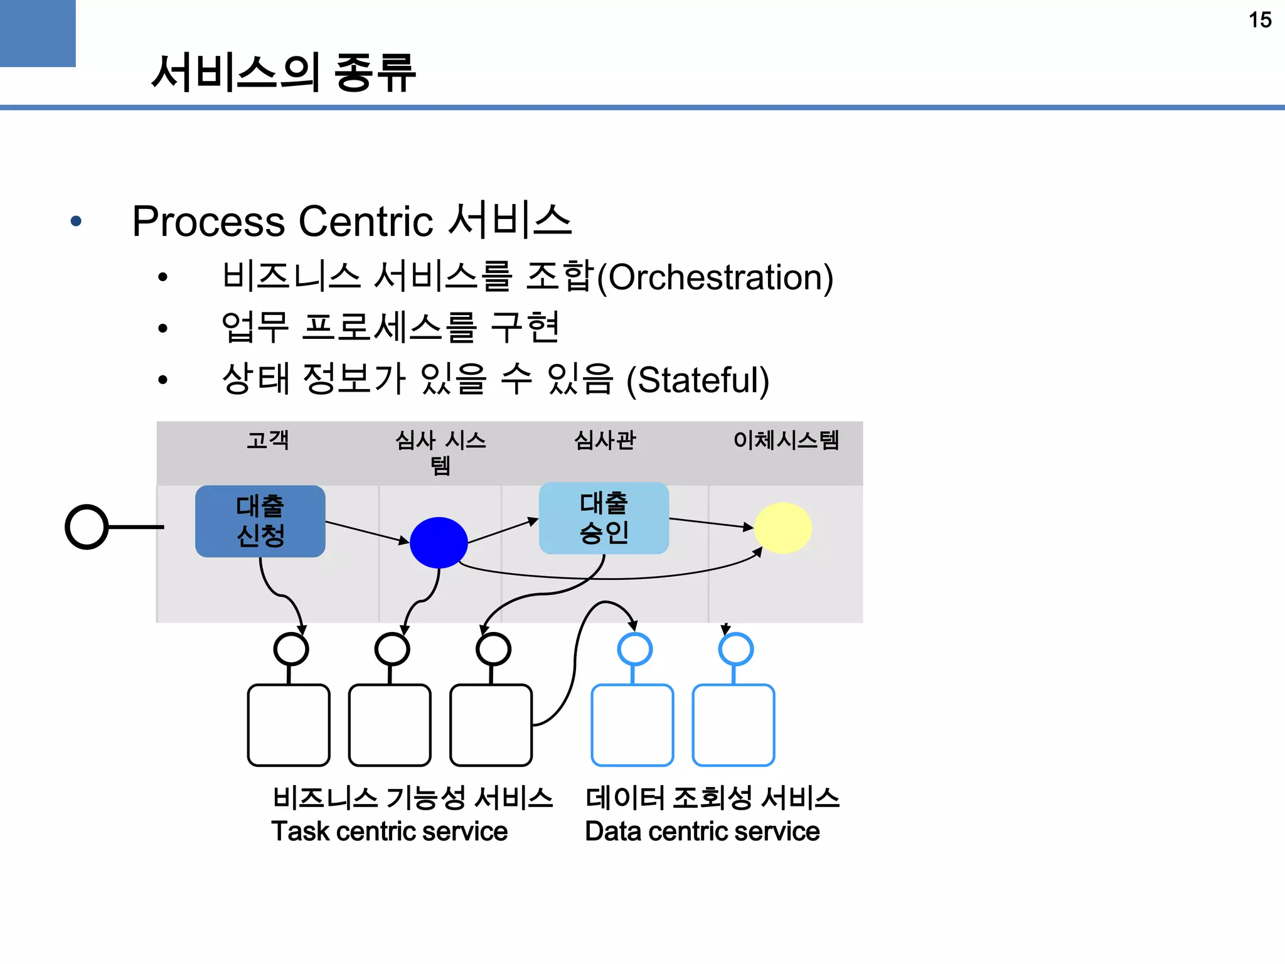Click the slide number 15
[x=1259, y=20]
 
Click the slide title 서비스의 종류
[x=283, y=73]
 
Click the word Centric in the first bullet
[x=366, y=222]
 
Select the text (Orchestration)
[x=715, y=277]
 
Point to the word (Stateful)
[x=698, y=380]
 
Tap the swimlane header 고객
[x=268, y=440]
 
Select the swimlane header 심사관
[x=604, y=440]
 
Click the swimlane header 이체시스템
[x=786, y=440]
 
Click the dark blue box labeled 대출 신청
[x=260, y=521]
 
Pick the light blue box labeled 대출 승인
[x=604, y=518]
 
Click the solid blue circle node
[x=439, y=543]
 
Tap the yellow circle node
[x=782, y=528]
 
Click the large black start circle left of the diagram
[x=87, y=527]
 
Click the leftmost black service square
[x=289, y=725]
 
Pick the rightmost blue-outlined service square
[x=733, y=725]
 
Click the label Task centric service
[x=389, y=832]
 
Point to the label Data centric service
[x=702, y=832]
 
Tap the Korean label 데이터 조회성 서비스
[x=712, y=798]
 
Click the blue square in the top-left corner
[x=38, y=33]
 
